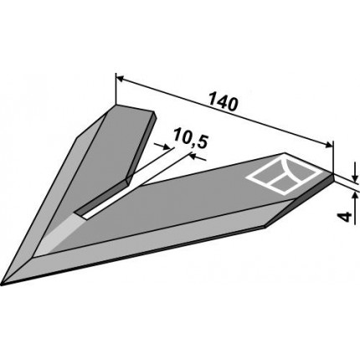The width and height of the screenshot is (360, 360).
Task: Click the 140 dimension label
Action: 224,104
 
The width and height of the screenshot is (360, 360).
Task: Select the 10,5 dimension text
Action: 191,138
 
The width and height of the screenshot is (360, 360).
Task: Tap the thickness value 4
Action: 346,217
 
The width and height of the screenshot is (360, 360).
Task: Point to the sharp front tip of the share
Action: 2,285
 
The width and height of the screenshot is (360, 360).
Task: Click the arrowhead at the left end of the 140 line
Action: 120,79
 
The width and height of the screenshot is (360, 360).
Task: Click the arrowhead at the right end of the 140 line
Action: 328,144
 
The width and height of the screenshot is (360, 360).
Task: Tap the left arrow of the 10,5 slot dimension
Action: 162,146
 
